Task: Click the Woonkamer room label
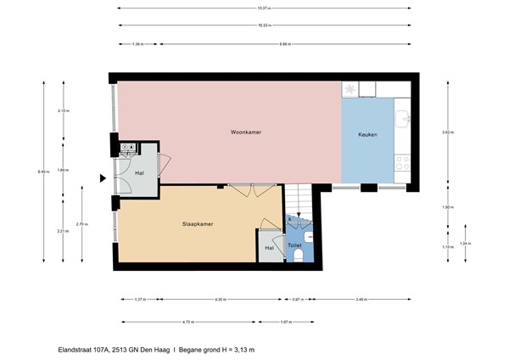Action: coord(244,133)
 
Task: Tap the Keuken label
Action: coord(367,134)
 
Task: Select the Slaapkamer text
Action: coord(197,225)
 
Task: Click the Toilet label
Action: coord(295,245)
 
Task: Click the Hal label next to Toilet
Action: coord(269,248)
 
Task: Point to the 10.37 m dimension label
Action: coord(263,8)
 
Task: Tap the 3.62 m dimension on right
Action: coord(446,132)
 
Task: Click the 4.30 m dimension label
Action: coord(220,300)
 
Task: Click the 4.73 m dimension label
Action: coord(187,322)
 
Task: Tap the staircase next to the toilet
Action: coord(299,202)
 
